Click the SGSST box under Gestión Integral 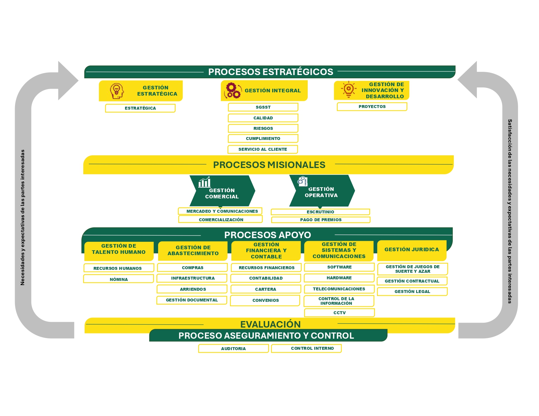(263, 107)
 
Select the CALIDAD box (263, 118)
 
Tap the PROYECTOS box (372, 107)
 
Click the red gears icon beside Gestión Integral (232, 90)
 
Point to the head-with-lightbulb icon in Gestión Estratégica (117, 91)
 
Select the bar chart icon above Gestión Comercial (204, 182)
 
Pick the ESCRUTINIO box (320, 212)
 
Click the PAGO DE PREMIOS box (320, 220)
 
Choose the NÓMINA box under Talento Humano (119, 279)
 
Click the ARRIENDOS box (192, 289)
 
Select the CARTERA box (265, 289)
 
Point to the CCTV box (339, 313)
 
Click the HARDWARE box (339, 278)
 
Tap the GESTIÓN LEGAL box (412, 291)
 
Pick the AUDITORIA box (233, 348)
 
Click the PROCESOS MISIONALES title (269, 165)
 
